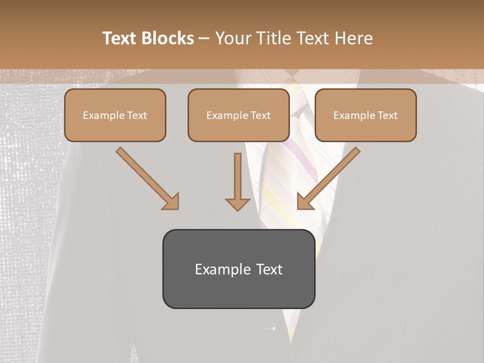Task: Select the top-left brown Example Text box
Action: pyautogui.click(x=115, y=115)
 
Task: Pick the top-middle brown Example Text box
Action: pyautogui.click(x=238, y=115)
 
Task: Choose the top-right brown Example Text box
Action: pyautogui.click(x=366, y=115)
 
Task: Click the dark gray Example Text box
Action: pyautogui.click(x=238, y=269)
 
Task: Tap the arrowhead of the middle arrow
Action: pyautogui.click(x=237, y=204)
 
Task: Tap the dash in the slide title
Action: pyautogui.click(x=204, y=38)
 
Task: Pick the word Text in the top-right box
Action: pyautogui.click(x=387, y=115)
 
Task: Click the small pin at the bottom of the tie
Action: pyautogui.click(x=273, y=329)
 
